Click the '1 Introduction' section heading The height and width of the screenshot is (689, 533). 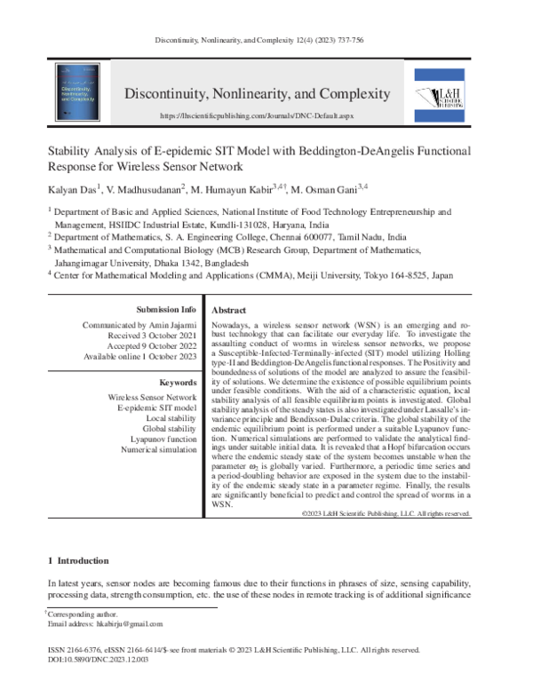click(77, 561)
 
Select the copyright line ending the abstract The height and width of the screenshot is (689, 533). click(386, 514)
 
